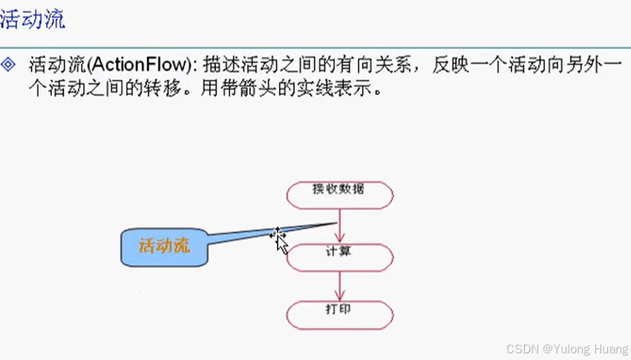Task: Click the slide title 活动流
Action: pyautogui.click(x=33, y=19)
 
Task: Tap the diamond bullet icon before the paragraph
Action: pyautogui.click(x=10, y=64)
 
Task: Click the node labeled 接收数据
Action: pyautogui.click(x=339, y=194)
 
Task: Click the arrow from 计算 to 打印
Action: pyautogui.click(x=339, y=287)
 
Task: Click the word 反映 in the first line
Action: pyautogui.click(x=451, y=65)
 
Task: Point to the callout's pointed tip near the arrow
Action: pyautogui.click(x=334, y=223)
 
